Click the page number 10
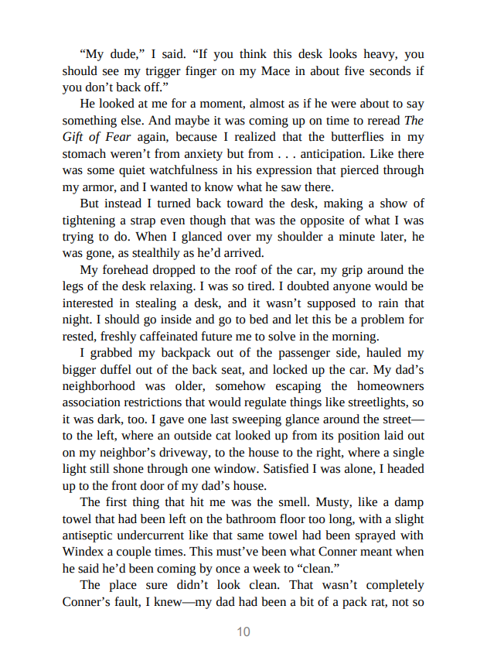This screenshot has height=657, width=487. pyautogui.click(x=243, y=631)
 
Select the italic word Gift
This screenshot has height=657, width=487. pyautogui.click(x=75, y=137)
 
